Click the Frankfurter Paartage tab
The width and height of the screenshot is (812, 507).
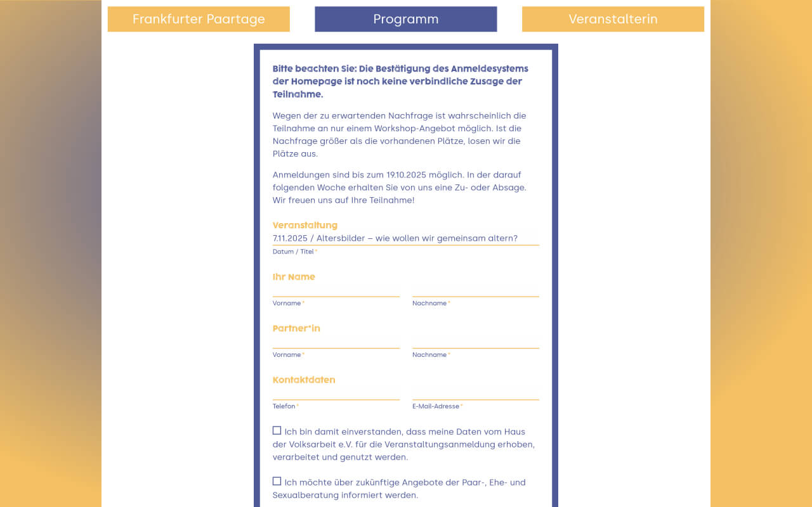[199, 19]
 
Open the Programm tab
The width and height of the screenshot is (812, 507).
[405, 19]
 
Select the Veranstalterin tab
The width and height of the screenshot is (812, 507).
[613, 19]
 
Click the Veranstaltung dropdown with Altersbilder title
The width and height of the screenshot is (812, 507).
[405, 238]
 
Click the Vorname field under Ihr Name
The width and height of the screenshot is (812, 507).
[336, 290]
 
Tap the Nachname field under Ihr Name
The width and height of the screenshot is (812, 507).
[475, 290]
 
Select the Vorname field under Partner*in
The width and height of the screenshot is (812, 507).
[336, 342]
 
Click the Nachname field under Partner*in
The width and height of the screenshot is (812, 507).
[475, 342]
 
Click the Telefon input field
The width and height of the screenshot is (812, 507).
[336, 393]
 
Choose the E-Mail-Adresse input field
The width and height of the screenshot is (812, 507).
[475, 393]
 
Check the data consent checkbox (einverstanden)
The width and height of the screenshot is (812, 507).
[277, 431]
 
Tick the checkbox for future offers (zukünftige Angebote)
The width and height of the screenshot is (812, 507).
[277, 482]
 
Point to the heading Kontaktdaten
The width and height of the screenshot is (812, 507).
[304, 380]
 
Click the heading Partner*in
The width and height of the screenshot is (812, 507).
[296, 328]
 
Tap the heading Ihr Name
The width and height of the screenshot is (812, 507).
[294, 277]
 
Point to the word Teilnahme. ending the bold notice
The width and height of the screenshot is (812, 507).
[298, 94]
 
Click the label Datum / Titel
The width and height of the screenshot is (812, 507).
[293, 252]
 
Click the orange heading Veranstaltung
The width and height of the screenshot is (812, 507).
[305, 225]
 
